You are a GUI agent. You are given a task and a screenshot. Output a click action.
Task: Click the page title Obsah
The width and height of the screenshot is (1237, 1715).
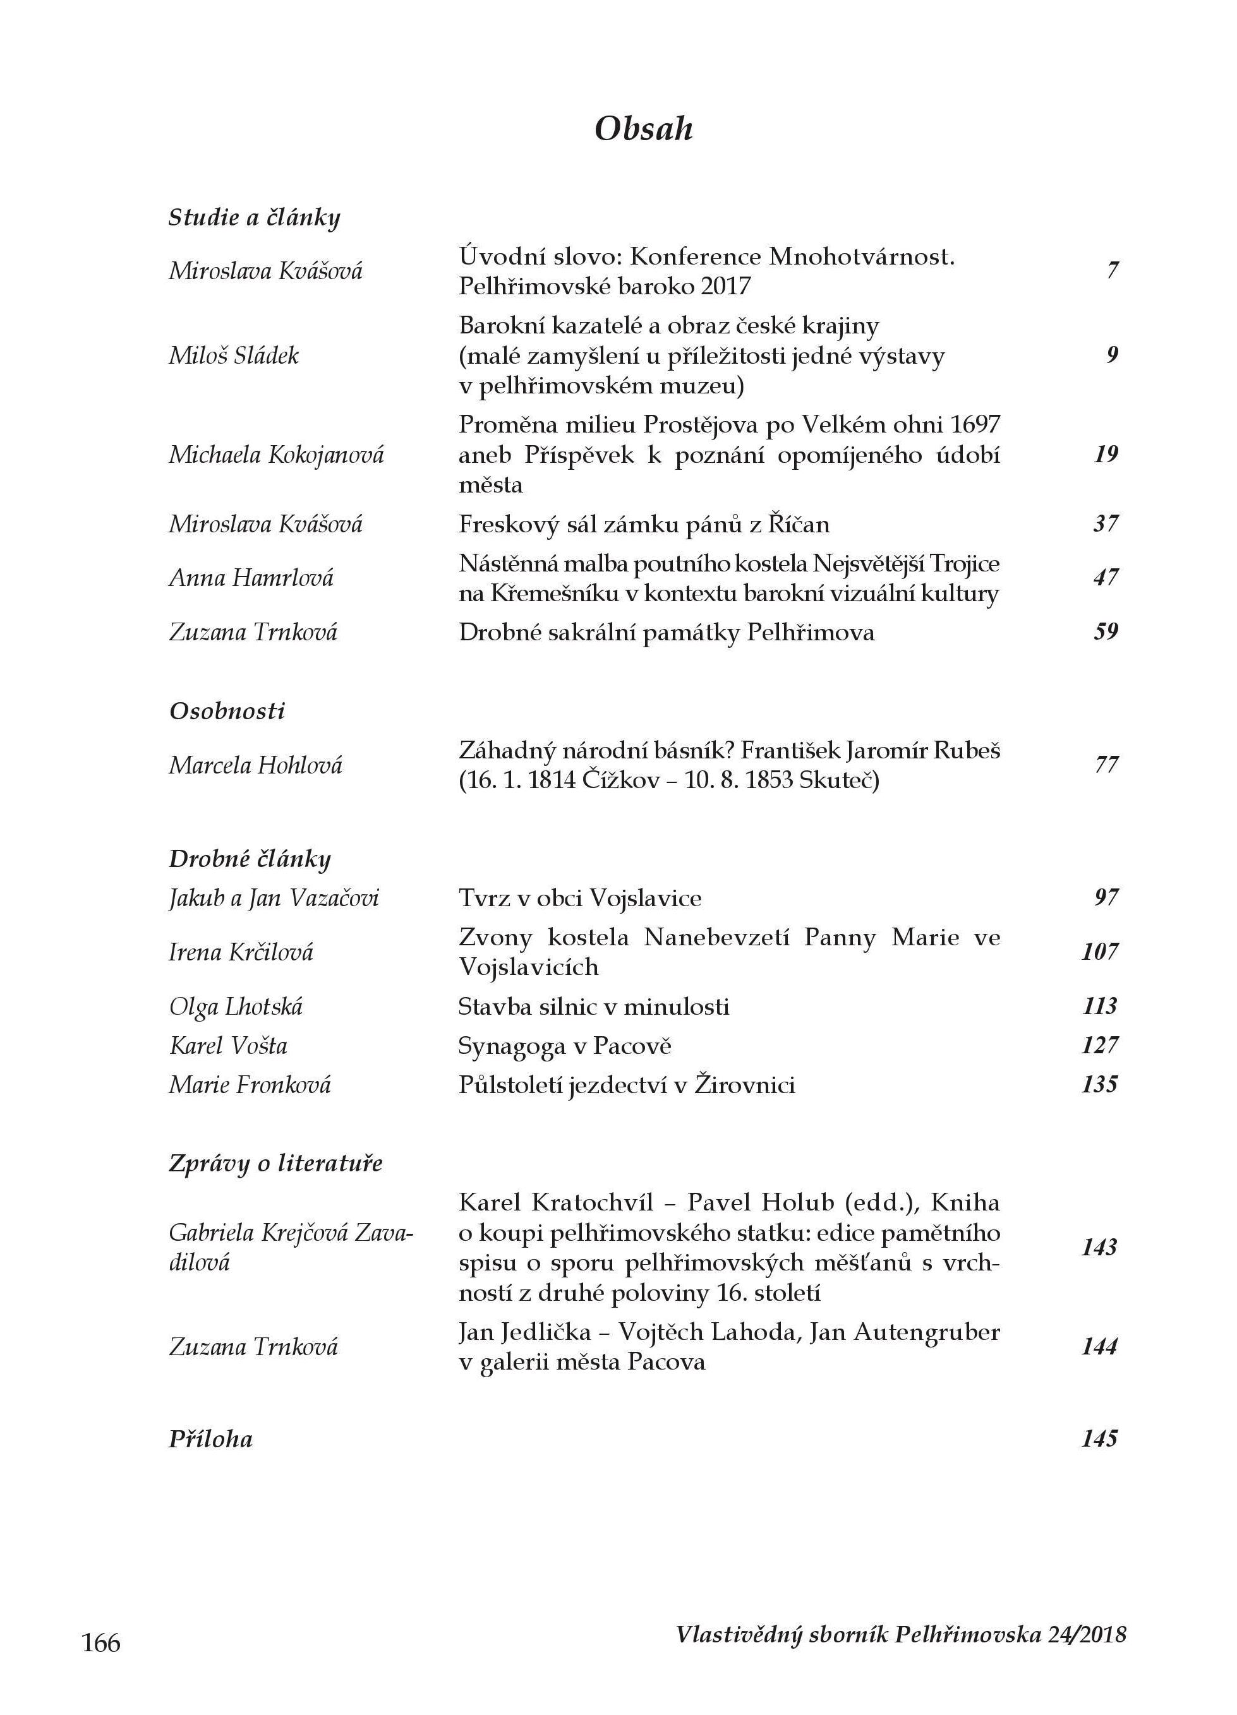[643, 129]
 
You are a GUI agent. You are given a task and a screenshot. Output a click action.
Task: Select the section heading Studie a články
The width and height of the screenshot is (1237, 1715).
[254, 218]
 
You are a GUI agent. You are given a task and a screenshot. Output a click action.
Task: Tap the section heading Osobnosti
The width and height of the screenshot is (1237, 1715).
[227, 712]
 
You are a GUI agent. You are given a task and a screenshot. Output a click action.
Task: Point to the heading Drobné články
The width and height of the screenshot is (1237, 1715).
[250, 859]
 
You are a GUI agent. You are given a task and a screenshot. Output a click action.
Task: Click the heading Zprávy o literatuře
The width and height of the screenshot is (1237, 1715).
[275, 1163]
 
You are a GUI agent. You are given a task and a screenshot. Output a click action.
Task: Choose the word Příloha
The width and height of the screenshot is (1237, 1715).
[210, 1438]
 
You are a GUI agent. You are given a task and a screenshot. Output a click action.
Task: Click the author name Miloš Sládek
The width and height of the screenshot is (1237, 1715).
[234, 356]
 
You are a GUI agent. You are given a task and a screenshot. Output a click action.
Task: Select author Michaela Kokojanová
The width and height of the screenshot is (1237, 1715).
[276, 455]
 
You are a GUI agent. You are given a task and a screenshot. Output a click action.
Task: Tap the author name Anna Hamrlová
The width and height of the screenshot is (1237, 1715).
[251, 578]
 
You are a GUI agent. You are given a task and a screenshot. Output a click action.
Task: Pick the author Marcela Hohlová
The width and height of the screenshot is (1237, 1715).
[256, 765]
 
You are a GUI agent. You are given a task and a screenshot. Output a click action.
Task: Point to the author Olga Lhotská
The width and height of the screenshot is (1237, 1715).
[236, 1007]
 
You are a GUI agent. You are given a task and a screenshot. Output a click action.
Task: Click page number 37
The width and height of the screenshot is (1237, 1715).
[1106, 523]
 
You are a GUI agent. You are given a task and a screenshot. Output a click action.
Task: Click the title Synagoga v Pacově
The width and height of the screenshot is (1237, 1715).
[564, 1046]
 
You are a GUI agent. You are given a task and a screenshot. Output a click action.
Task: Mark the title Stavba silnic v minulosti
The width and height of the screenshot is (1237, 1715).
[594, 1007]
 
